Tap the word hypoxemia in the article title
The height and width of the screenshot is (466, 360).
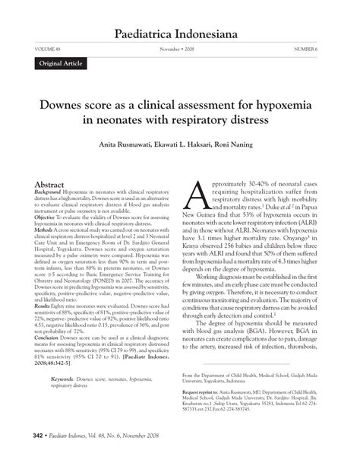[285, 105]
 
